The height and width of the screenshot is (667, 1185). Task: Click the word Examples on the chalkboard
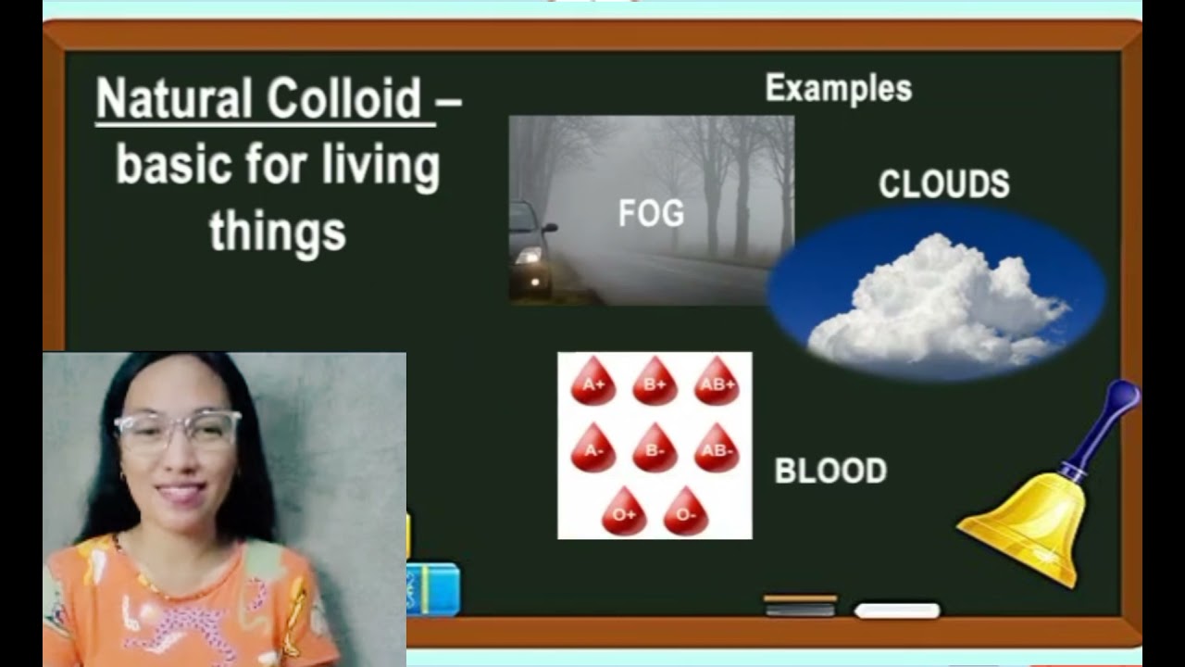tap(838, 89)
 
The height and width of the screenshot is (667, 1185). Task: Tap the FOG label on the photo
tap(651, 214)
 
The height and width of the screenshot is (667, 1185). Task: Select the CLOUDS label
tap(943, 184)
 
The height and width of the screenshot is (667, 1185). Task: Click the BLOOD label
tap(830, 471)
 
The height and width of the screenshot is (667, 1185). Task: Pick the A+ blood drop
tap(593, 384)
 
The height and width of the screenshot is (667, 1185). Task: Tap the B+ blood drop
tap(655, 384)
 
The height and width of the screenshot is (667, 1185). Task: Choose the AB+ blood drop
tap(717, 384)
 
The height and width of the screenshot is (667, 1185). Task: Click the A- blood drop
tap(593, 449)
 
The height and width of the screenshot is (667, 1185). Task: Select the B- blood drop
tap(655, 449)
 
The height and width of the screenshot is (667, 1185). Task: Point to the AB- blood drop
tap(717, 449)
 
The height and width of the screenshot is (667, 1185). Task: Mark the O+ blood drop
tap(624, 512)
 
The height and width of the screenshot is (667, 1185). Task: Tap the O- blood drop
tap(685, 512)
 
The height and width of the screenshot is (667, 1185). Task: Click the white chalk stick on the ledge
tap(896, 610)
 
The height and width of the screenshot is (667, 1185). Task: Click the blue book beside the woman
tap(433, 589)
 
